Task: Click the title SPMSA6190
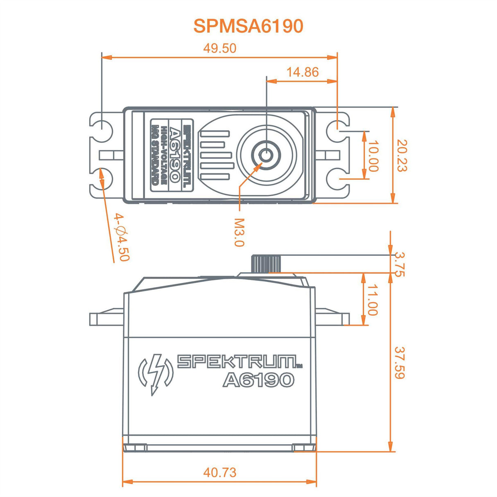[248, 26]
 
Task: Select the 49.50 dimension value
[220, 48]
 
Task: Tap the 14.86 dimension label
[302, 72]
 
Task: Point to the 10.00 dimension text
[373, 156]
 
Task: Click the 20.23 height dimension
[402, 156]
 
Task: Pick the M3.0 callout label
[239, 232]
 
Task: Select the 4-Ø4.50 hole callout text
[122, 237]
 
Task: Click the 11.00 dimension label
[372, 300]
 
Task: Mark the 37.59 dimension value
[399, 363]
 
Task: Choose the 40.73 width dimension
[220, 472]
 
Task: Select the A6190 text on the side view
[258, 380]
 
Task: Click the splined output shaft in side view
[267, 263]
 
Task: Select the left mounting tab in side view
[106, 318]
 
